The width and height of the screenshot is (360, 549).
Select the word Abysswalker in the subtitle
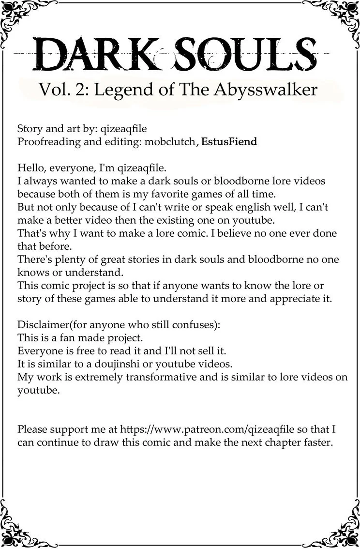click(x=274, y=91)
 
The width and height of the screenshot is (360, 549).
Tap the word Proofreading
click(x=48, y=142)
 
